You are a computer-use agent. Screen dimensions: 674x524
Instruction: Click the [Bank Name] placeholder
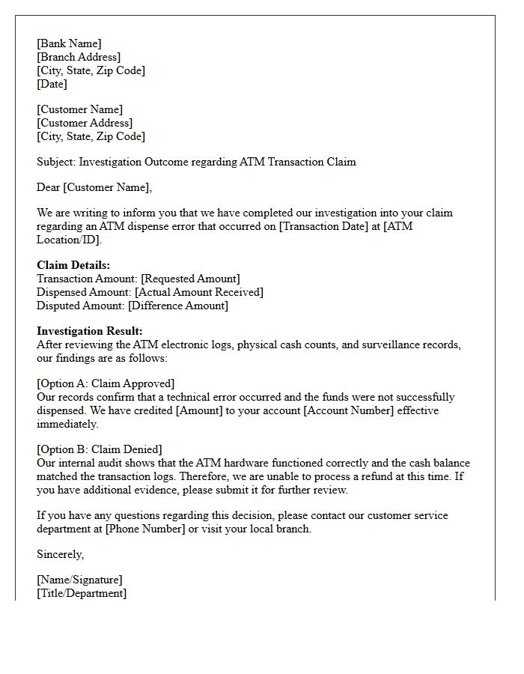69,43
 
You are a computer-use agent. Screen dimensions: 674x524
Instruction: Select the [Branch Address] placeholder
79,57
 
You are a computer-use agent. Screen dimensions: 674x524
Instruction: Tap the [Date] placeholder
52,84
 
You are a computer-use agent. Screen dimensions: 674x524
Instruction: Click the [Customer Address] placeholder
85,123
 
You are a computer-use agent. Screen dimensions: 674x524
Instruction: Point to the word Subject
55,162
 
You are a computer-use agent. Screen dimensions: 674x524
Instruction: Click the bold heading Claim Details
73,265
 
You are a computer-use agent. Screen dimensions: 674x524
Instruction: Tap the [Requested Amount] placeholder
190,279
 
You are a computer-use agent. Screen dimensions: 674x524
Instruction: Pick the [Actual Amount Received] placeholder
199,292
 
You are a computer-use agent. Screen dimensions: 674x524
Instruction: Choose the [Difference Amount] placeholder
178,306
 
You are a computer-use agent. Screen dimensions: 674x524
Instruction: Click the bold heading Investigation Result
89,331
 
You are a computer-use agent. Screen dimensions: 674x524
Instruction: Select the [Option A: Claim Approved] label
106,383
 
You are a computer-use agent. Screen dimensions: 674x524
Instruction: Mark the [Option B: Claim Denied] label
100,449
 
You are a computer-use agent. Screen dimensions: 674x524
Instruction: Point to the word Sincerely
60,554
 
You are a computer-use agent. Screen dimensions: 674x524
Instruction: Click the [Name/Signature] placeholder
79,580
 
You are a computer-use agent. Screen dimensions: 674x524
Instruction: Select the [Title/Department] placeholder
82,593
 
